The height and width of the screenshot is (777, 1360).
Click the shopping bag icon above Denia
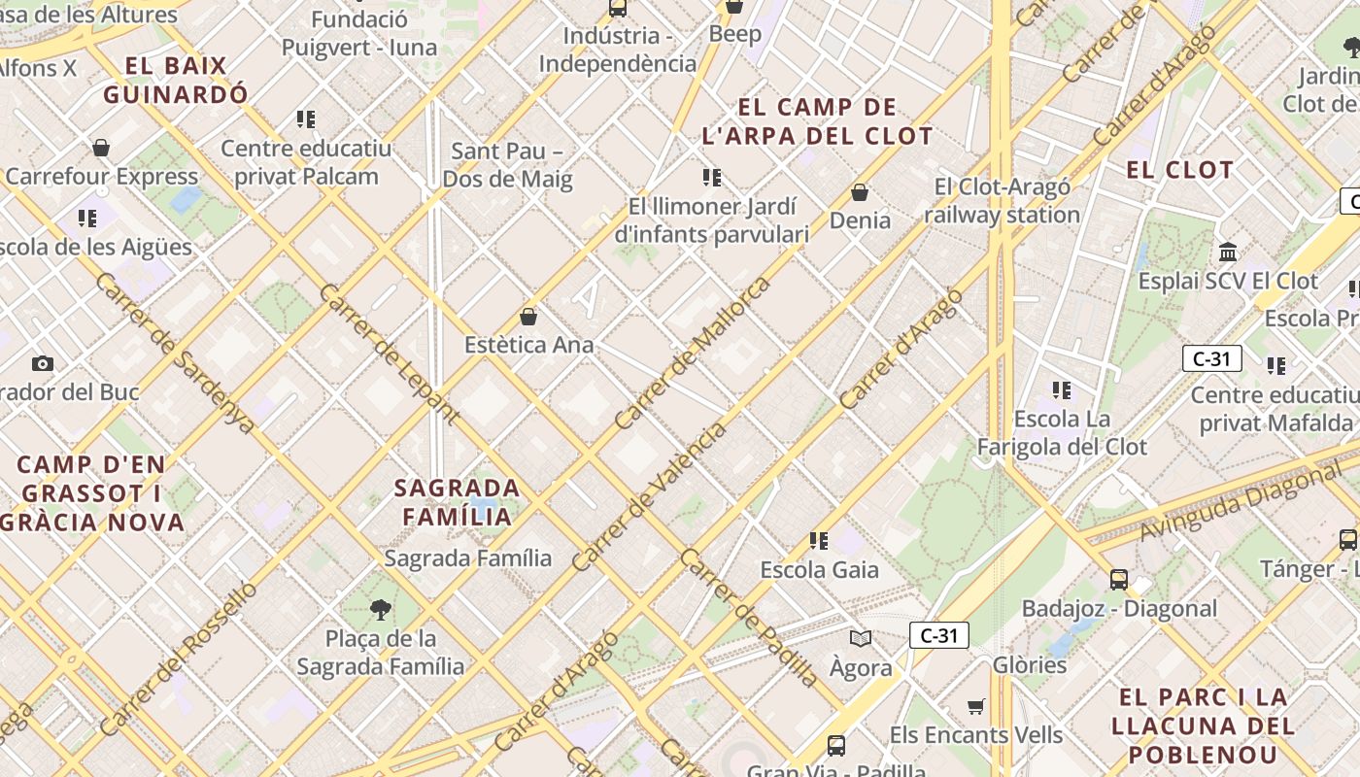[x=859, y=192]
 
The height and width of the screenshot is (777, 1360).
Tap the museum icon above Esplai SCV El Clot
[x=1228, y=253]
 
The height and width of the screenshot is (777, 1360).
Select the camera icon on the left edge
[x=42, y=363]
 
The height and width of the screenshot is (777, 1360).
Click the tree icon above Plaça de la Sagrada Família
[x=381, y=610]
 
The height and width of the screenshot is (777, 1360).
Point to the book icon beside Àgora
[x=860, y=638]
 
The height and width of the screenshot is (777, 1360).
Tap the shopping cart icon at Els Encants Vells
[x=975, y=706]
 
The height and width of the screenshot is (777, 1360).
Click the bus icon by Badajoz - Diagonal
[x=1119, y=580]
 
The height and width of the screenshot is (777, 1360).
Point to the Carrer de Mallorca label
[x=693, y=354]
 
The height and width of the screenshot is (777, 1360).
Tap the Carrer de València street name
[x=648, y=496]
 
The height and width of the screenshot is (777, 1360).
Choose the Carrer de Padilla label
[x=748, y=618]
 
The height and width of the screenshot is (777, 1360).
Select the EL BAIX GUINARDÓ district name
[x=176, y=81]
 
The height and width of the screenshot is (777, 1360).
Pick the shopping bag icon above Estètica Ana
[x=528, y=317]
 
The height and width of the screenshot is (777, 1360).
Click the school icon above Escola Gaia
[x=819, y=540]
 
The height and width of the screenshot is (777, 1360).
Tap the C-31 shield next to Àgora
[x=938, y=636]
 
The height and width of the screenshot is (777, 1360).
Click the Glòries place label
[x=1030, y=665]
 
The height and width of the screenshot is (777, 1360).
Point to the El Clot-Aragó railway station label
[x=1002, y=201]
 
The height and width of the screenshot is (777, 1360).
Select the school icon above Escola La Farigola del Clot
[x=1062, y=390]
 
